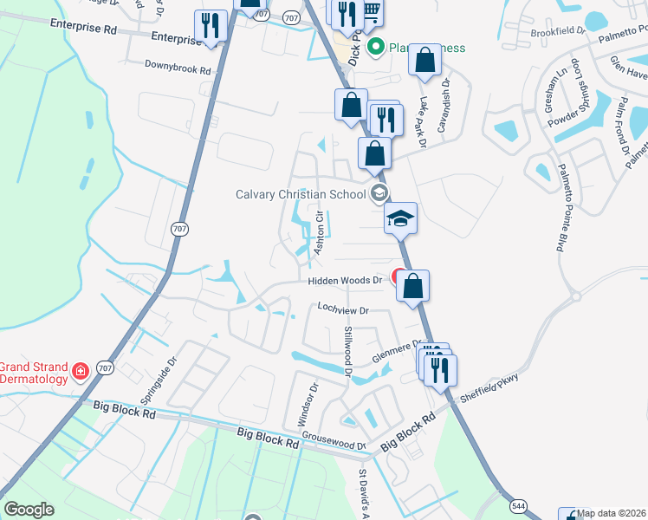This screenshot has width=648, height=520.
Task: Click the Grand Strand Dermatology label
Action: coord(34,373)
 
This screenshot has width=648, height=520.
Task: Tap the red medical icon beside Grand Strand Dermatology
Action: coord(80,372)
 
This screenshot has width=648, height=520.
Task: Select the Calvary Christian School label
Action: coord(301,194)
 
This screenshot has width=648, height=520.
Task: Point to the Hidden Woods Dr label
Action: coord(346,281)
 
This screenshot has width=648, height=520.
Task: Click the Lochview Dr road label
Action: coord(343,309)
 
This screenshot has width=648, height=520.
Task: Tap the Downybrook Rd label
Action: coord(178,67)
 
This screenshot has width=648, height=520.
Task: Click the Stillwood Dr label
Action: coord(348,351)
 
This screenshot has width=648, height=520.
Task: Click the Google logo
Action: coord(29,510)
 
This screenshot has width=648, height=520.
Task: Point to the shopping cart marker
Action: coord(371,10)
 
